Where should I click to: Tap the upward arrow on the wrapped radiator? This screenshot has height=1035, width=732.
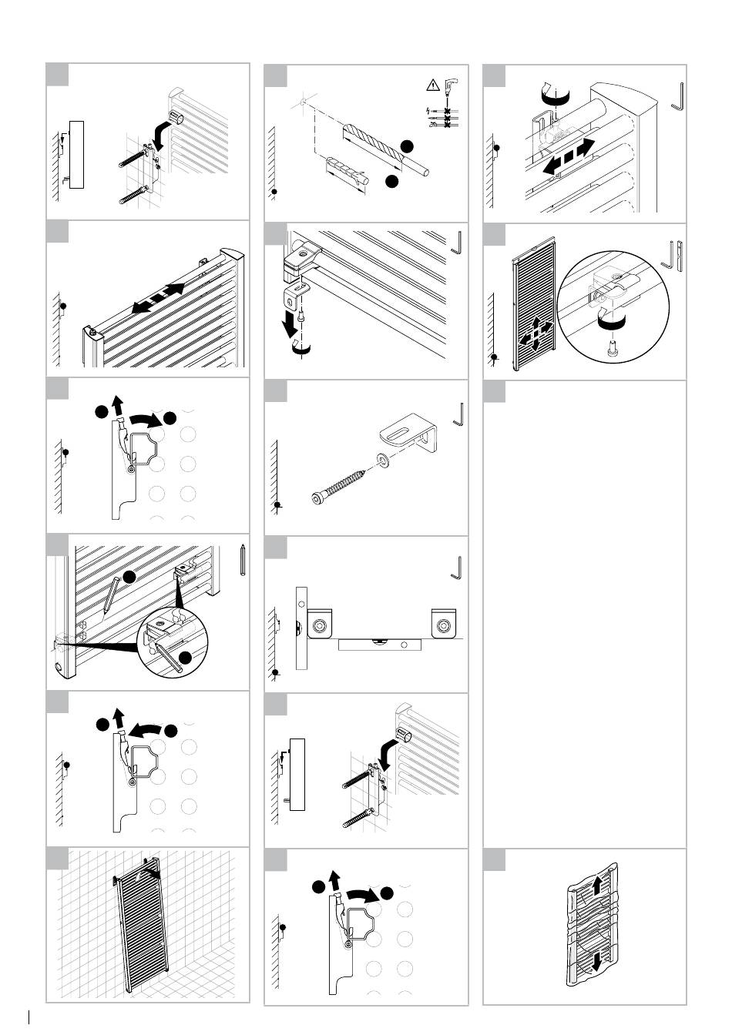598,887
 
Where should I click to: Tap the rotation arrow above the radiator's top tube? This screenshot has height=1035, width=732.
555,95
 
